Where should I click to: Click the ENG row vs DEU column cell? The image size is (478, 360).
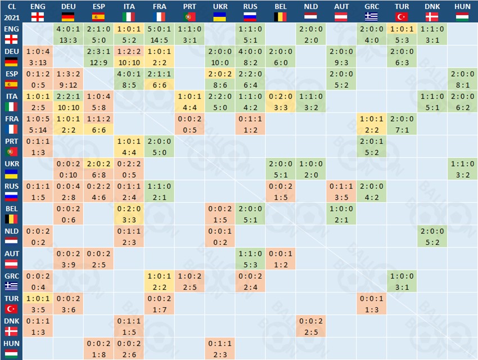pos(69,34)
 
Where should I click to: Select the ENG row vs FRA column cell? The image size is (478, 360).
pos(160,34)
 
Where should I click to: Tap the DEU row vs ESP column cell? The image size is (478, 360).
pos(99,57)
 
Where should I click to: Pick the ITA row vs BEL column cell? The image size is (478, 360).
pos(281,102)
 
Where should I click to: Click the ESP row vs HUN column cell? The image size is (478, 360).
pos(462,79)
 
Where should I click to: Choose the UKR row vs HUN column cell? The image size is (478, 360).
pos(462,169)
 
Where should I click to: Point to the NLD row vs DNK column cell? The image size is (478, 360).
pos(432,237)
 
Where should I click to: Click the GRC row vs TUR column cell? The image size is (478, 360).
pos(402,282)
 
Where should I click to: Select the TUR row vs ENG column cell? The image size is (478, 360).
pos(38,304)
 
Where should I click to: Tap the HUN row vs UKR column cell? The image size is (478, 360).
pos(220,349)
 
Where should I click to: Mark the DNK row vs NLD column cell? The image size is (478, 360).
pos(311,327)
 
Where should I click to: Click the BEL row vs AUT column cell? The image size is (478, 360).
pos(341,214)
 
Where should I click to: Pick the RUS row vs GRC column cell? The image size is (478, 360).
pos(372,192)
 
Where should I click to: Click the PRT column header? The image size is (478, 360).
pos(190,11)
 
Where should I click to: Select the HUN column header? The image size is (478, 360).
pos(462,11)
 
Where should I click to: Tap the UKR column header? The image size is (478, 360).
pos(220,11)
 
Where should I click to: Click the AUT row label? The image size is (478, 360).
pos(11,259)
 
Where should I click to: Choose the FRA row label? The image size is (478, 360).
pos(11,124)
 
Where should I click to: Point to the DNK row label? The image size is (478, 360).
pos(11,327)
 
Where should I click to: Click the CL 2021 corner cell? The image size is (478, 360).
pos(11,11)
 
